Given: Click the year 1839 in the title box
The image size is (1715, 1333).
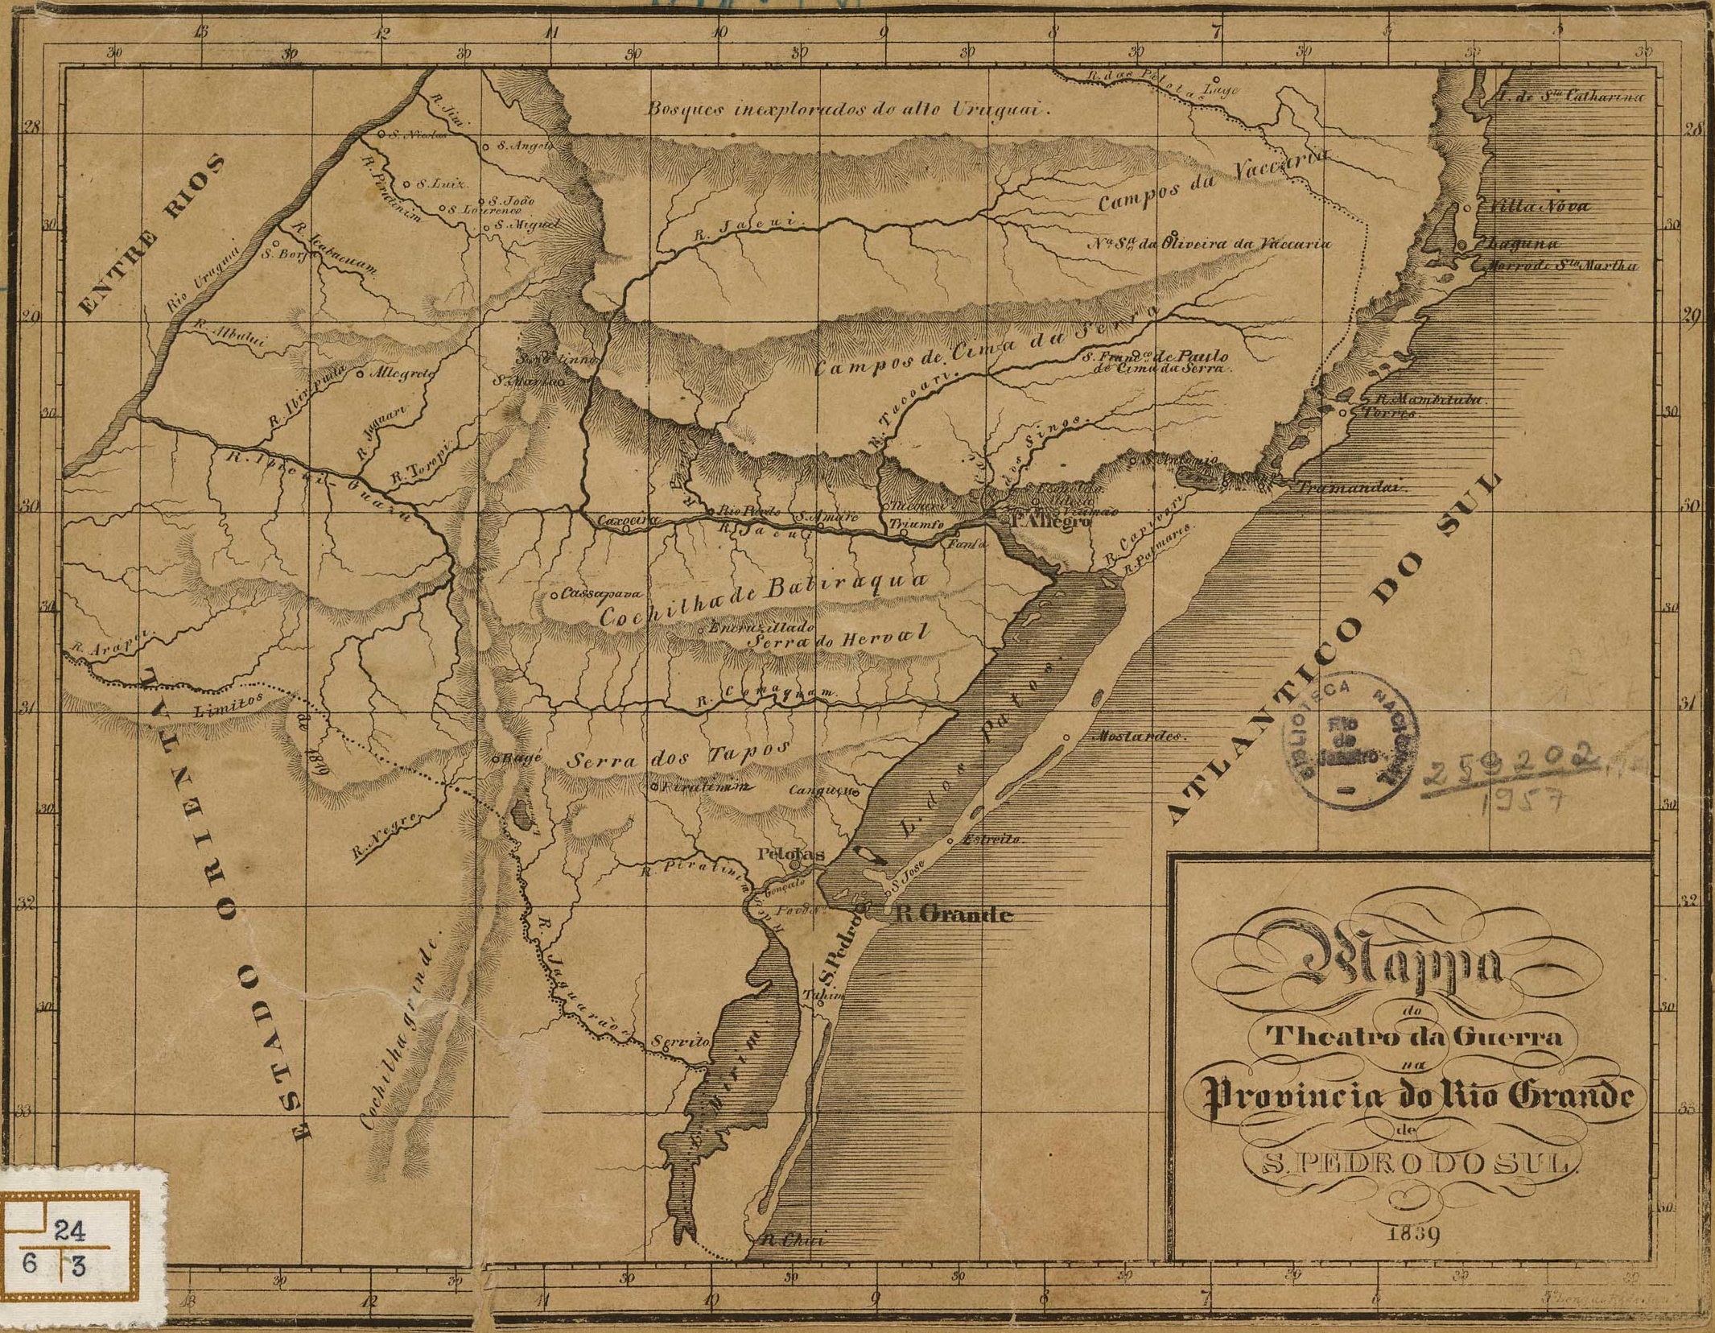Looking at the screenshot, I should [x=1413, y=1234].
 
